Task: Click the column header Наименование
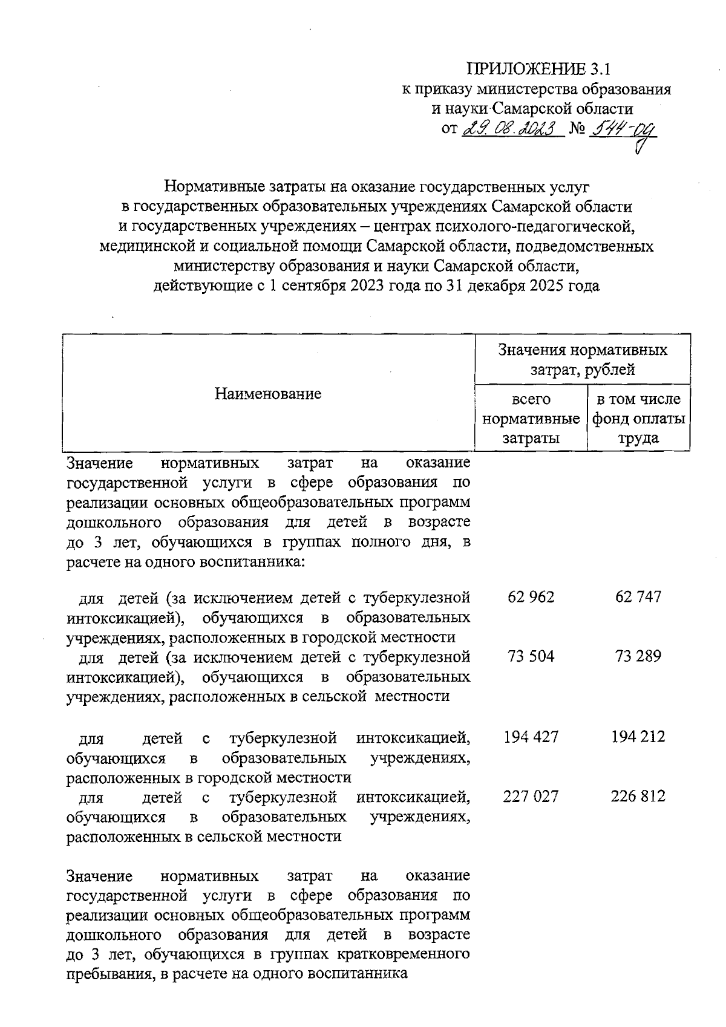pos(268,394)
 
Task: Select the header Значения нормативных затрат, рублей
pos(582,359)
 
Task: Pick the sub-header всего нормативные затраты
pos(531,419)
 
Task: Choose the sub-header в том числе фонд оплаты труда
pos(639,419)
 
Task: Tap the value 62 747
pos(638,597)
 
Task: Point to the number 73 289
pos(638,656)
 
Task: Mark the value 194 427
pos(531,737)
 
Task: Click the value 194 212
pos(638,737)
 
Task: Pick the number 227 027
pos(531,796)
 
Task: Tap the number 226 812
pos(638,796)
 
